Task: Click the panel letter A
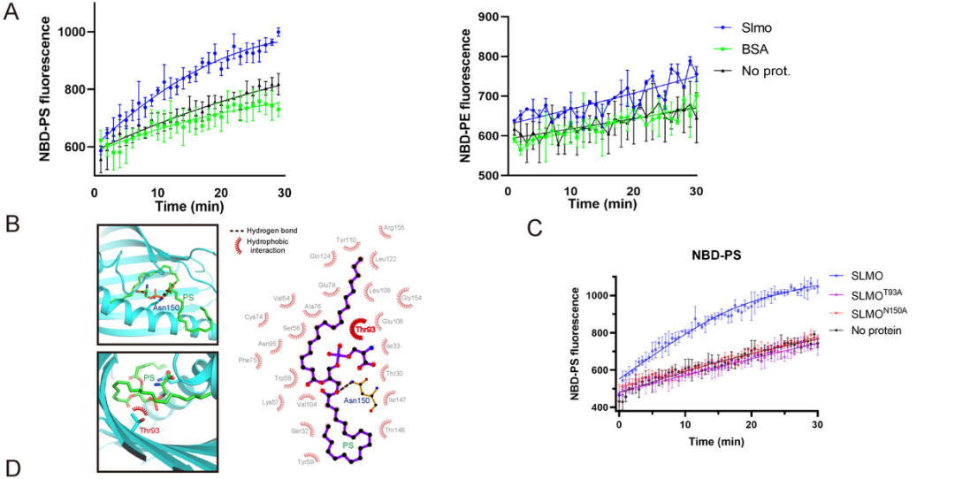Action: click(11, 16)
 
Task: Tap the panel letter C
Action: click(534, 228)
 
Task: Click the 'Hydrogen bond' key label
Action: click(274, 230)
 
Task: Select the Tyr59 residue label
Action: click(305, 461)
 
